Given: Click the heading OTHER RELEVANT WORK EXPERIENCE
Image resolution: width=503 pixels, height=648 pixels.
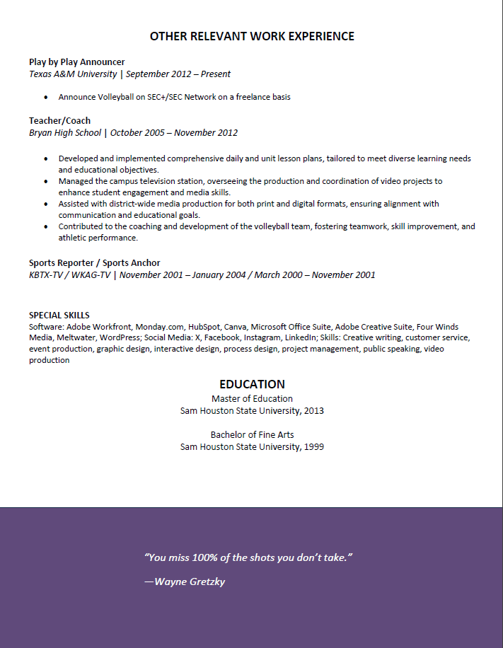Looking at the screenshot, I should (x=252, y=36).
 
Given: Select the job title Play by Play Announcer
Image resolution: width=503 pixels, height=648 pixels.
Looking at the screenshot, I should (x=76, y=62).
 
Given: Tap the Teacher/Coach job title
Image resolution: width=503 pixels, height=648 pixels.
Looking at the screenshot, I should (x=59, y=120).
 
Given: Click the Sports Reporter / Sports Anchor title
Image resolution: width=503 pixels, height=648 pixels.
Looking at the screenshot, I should (x=94, y=262).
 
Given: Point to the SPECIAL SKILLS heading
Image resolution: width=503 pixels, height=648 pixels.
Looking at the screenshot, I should (x=59, y=316).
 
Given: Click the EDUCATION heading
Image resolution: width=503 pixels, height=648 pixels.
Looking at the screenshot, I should (x=252, y=384).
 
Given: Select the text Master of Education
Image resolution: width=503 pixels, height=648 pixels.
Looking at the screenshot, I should (x=252, y=398).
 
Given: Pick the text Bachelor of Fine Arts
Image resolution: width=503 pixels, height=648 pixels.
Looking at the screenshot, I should (x=252, y=434).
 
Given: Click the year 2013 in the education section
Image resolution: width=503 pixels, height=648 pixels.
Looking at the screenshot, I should (x=313, y=410).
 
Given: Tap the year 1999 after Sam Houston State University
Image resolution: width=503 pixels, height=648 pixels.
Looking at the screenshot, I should (x=313, y=446).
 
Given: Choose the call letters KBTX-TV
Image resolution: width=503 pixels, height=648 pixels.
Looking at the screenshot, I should (x=47, y=274).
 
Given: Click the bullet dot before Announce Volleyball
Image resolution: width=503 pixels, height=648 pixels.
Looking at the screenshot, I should (x=46, y=97).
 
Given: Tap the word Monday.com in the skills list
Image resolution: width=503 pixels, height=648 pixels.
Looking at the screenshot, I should (x=159, y=327).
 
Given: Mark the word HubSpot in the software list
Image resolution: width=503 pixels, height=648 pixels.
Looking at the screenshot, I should (x=204, y=327).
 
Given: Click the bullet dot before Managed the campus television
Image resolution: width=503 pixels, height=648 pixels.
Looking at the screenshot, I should (x=46, y=181).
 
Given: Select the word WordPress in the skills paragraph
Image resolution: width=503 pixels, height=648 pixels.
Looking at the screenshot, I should (x=119, y=337).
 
